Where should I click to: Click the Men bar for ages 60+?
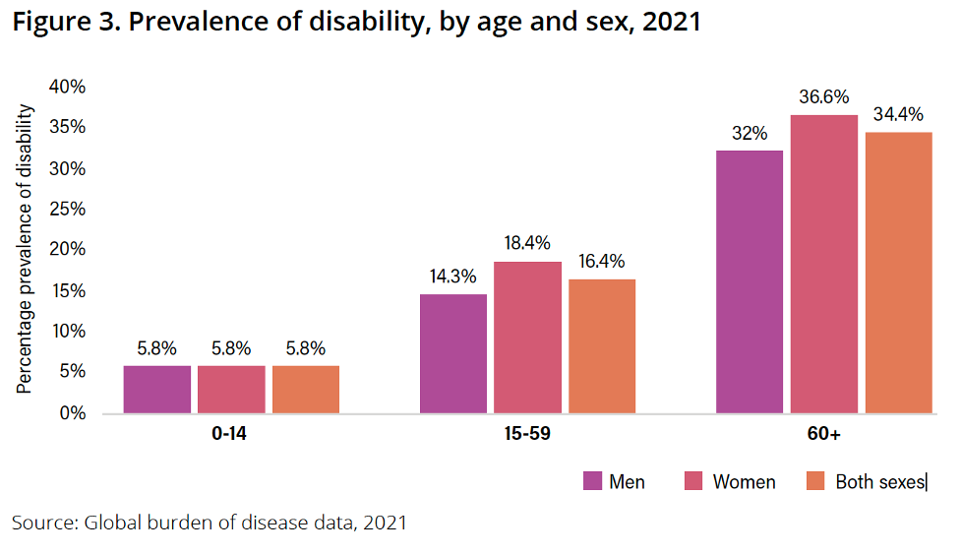tap(750, 281)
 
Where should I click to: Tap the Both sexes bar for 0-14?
tap(306, 389)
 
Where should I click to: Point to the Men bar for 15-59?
tap(453, 352)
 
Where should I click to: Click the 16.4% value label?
tap(602, 262)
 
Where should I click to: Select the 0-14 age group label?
tap(231, 434)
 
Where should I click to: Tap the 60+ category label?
tap(823, 434)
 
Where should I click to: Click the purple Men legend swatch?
tap(592, 481)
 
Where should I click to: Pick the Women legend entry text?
tap(744, 482)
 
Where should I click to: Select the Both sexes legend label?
tap(880, 482)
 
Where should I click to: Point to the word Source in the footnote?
tap(42, 523)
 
